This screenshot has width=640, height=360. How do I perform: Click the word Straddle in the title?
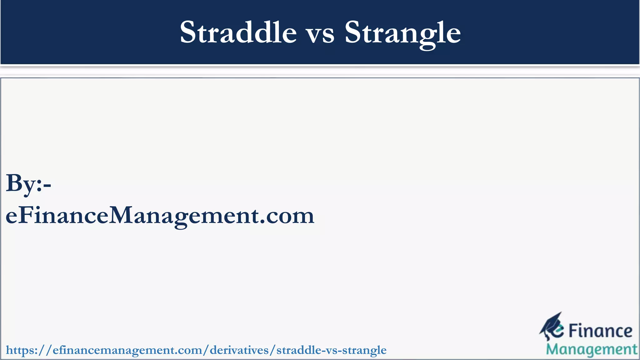[x=238, y=32]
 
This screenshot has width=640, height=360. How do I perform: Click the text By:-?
[x=28, y=184]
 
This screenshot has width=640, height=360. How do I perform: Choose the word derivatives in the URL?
[x=239, y=350]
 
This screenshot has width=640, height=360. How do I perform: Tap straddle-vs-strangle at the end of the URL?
[x=331, y=350]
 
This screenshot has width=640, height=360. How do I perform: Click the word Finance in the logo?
[x=600, y=331]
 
